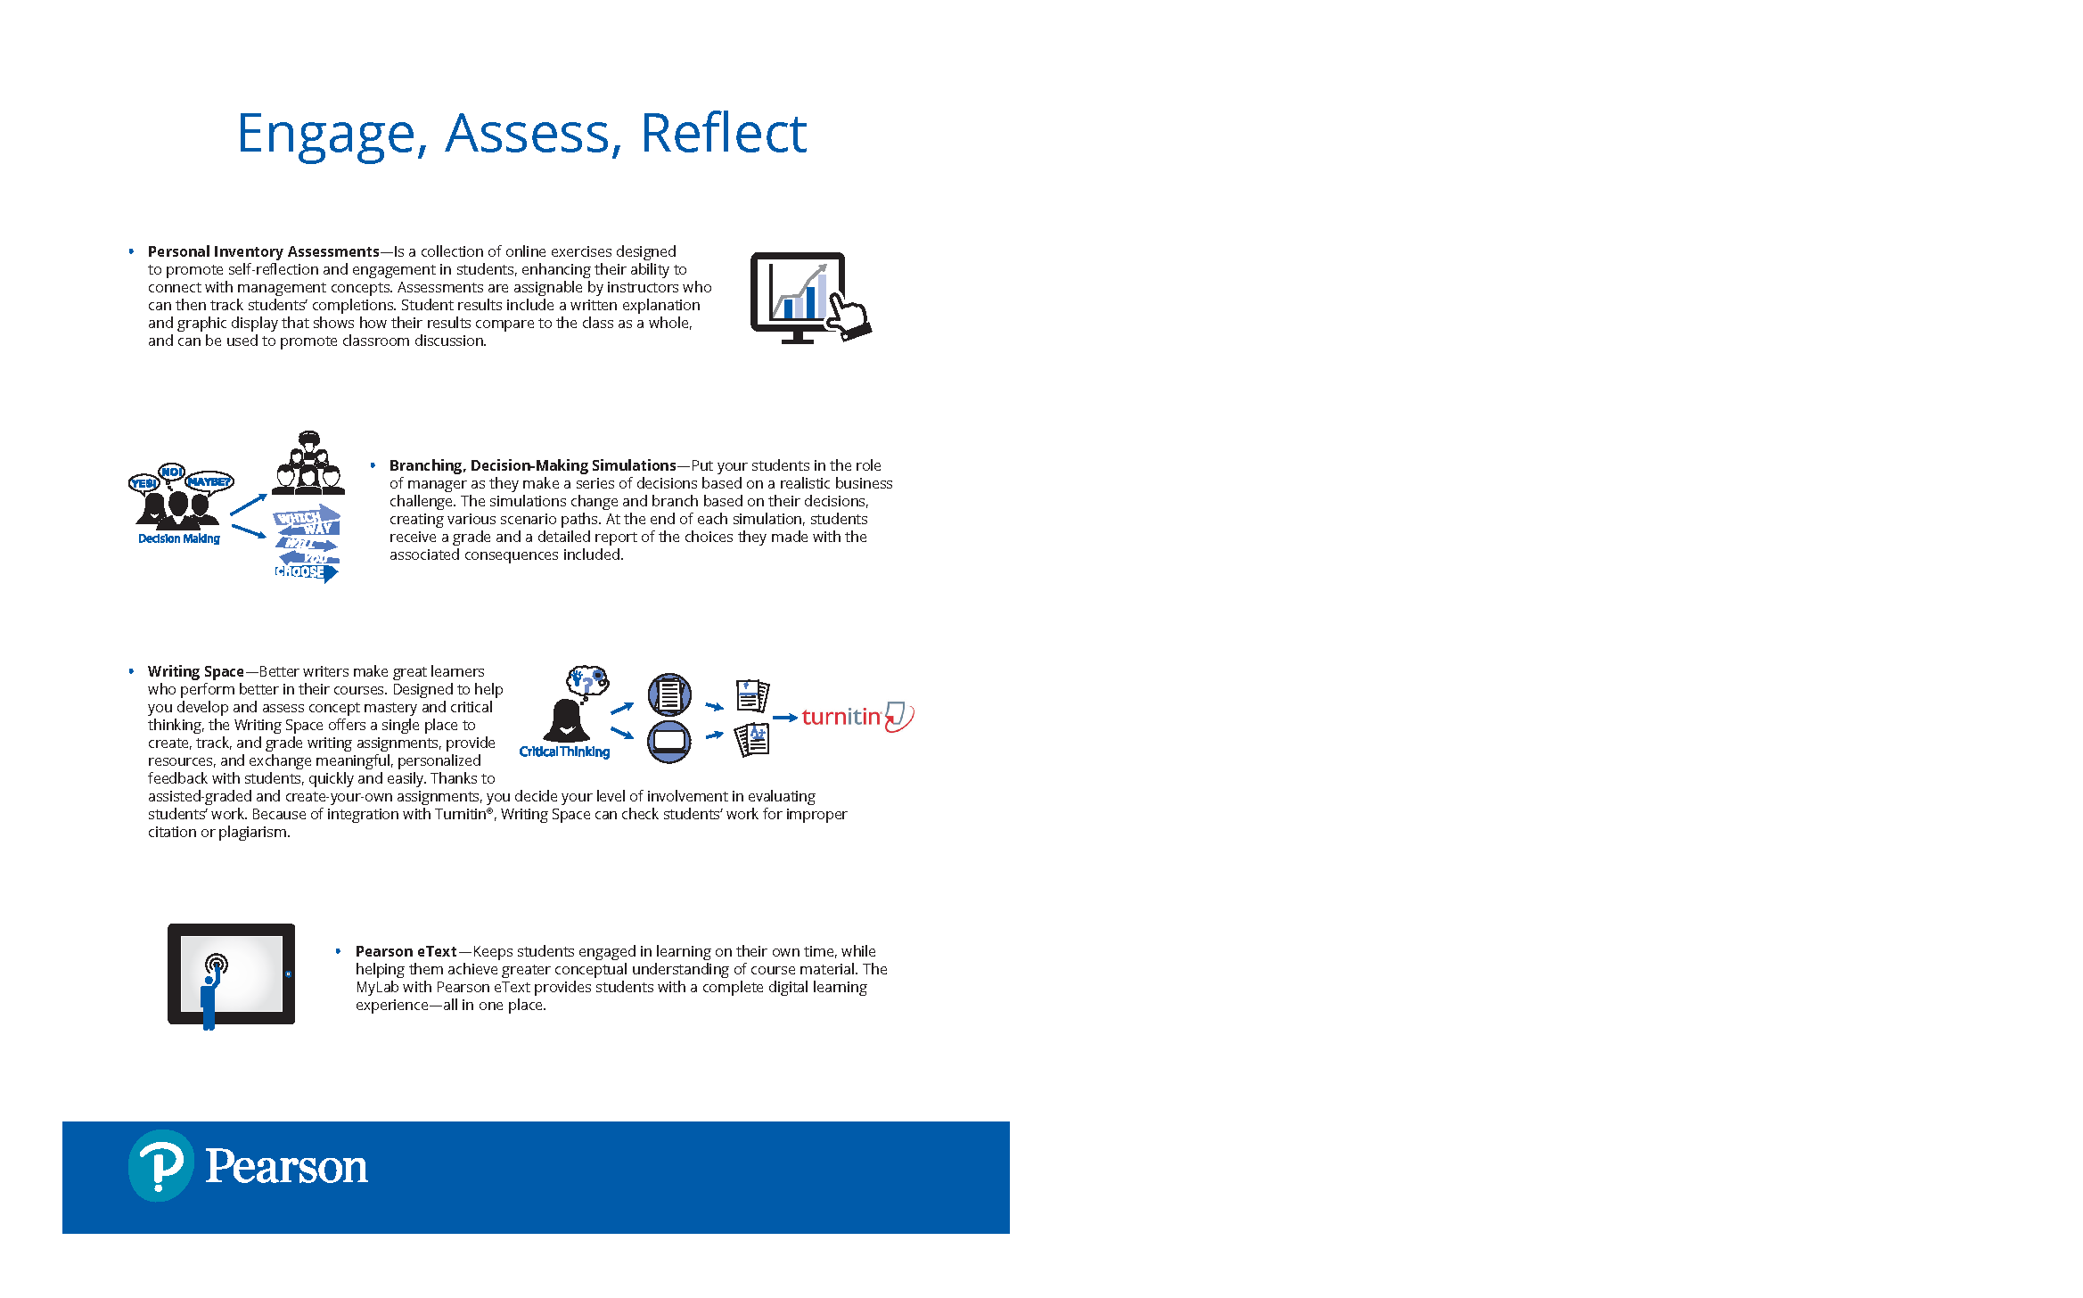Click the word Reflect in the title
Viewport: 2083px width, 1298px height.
click(x=723, y=134)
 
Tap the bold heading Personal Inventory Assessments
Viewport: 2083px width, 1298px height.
click(x=264, y=251)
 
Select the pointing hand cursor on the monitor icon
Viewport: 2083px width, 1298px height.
click(x=848, y=316)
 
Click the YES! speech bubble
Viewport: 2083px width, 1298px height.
click(x=144, y=483)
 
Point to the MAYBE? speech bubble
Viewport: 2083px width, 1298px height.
click(x=209, y=481)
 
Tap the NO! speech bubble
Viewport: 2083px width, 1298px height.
click(x=171, y=472)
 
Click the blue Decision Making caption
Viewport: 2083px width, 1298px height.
click(x=179, y=538)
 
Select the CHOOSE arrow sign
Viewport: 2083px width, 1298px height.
click(x=306, y=572)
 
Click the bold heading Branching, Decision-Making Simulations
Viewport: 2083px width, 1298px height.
click(x=533, y=465)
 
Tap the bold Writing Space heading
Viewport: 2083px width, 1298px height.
click(x=196, y=671)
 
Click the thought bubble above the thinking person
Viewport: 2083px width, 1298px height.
click(x=588, y=680)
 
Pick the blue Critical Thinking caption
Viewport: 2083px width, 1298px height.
click(x=564, y=752)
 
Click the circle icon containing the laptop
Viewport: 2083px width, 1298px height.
click(x=669, y=741)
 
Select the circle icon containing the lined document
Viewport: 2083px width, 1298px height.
click(x=669, y=694)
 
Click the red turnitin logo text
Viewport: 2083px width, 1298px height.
click(x=841, y=717)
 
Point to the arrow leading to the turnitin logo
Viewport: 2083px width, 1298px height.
click(x=785, y=718)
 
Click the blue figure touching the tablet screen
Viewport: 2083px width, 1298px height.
click(x=211, y=993)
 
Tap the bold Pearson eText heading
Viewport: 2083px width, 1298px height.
click(x=406, y=951)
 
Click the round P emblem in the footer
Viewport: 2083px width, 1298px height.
click(x=161, y=1166)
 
